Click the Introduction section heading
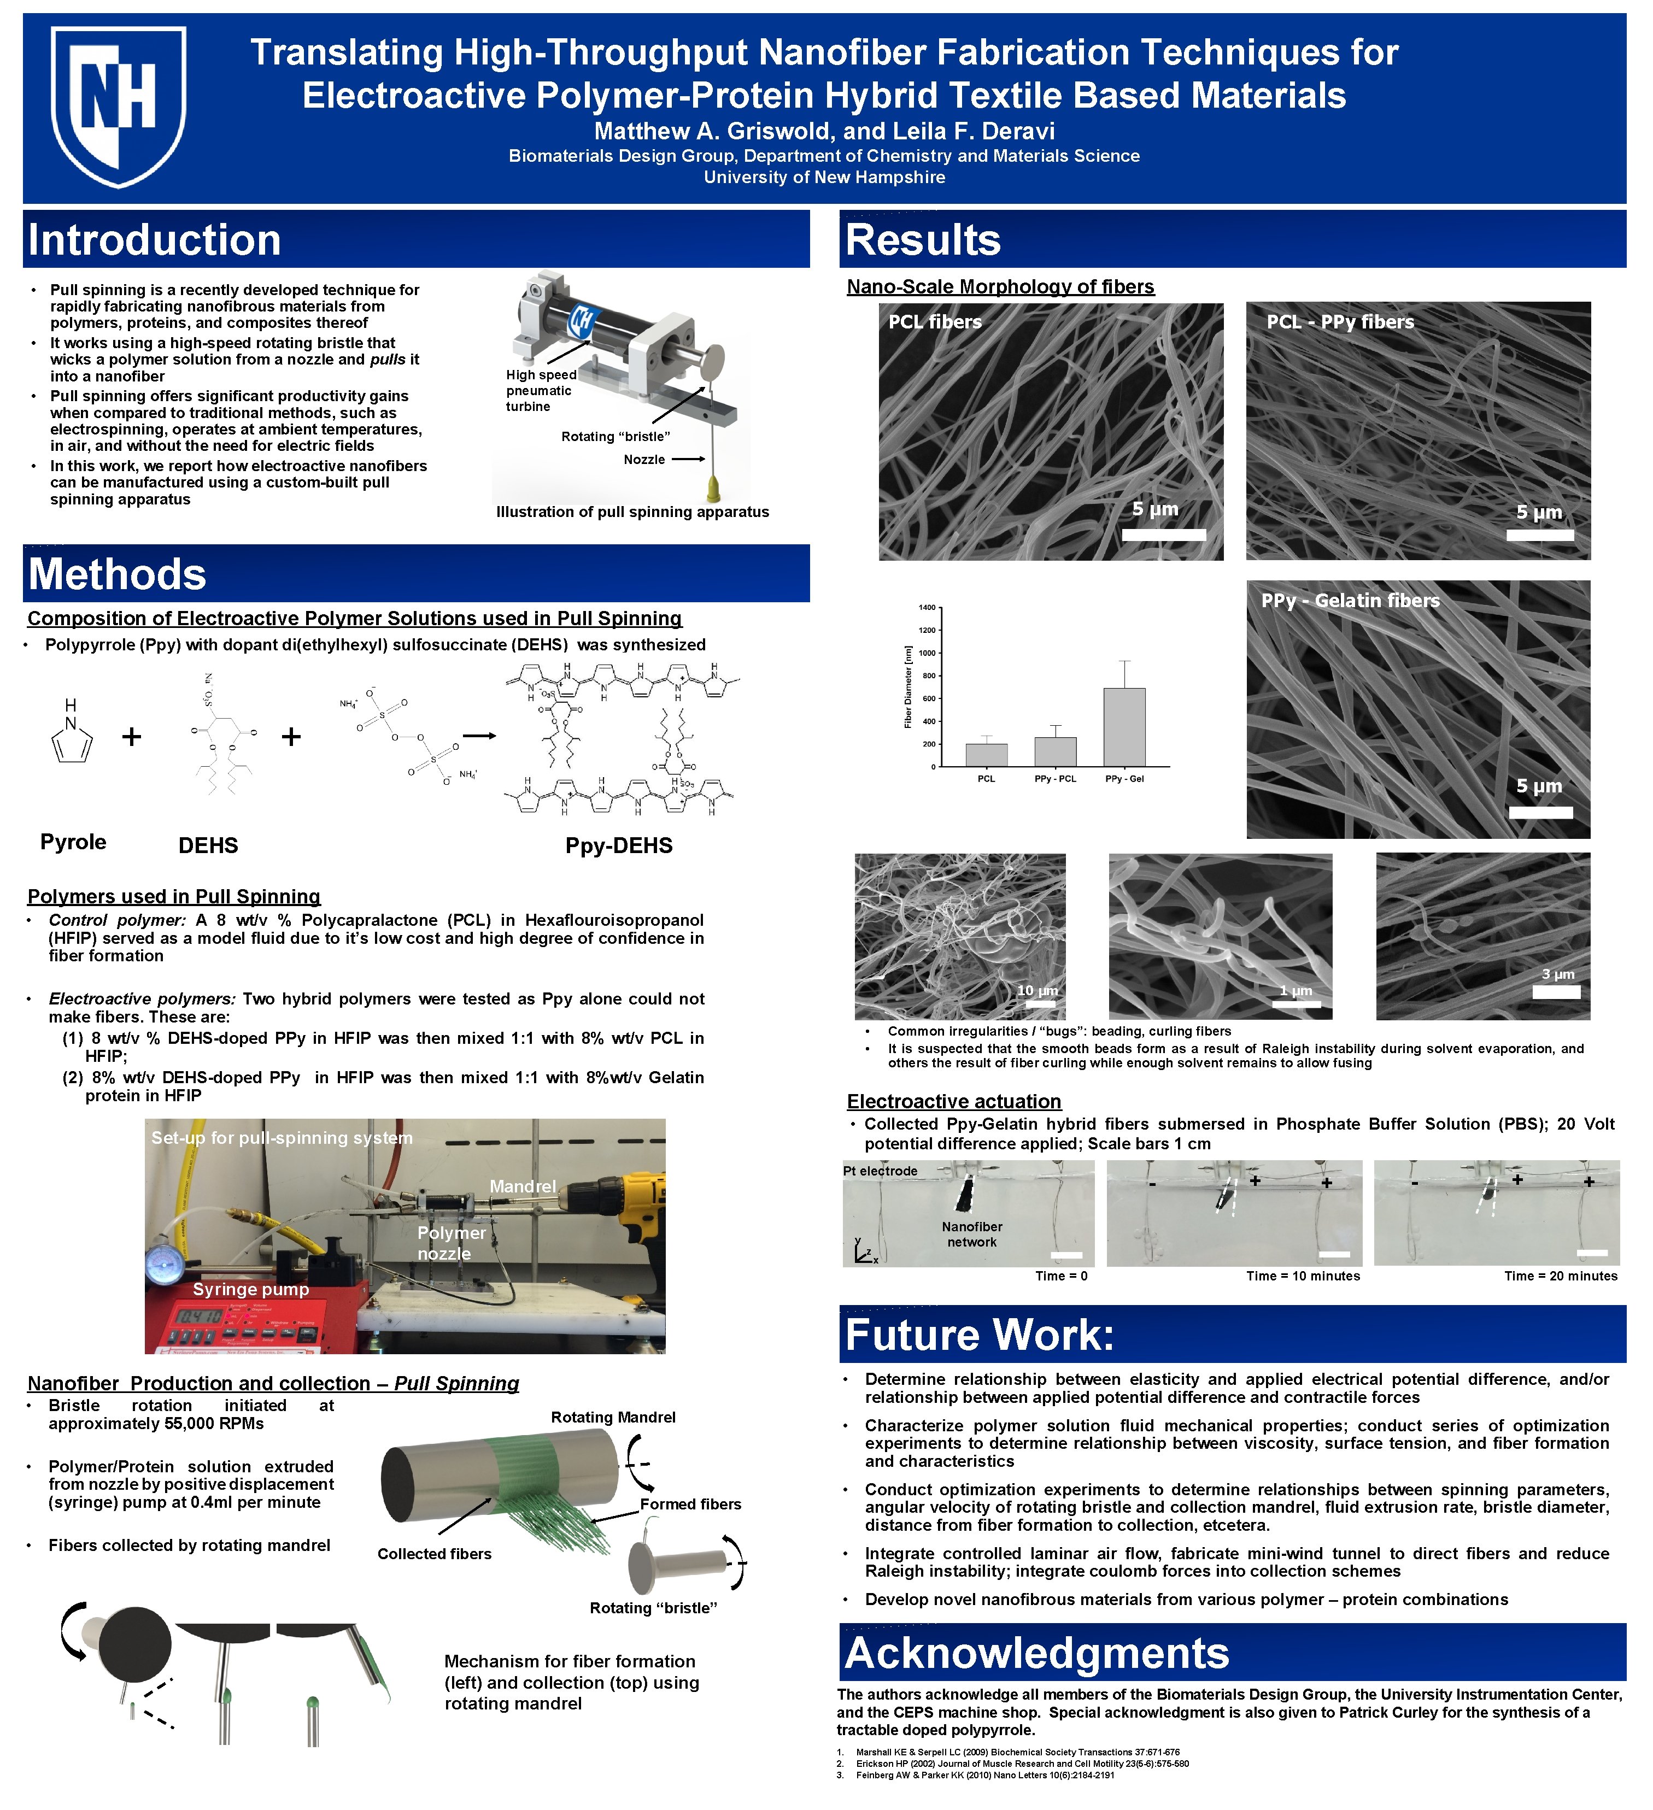155,240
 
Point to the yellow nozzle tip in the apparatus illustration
714,489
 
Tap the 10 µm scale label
1037,990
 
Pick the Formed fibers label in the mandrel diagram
690,1505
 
